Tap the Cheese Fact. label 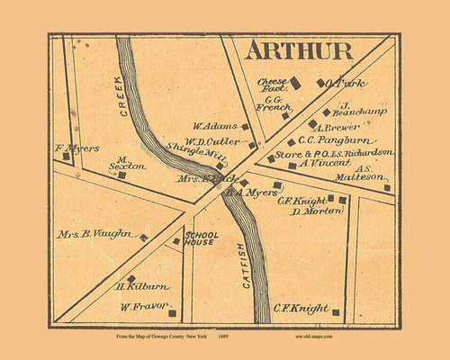(272, 85)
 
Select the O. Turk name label (346, 84)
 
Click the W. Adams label (211, 127)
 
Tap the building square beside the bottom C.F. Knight (336, 312)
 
